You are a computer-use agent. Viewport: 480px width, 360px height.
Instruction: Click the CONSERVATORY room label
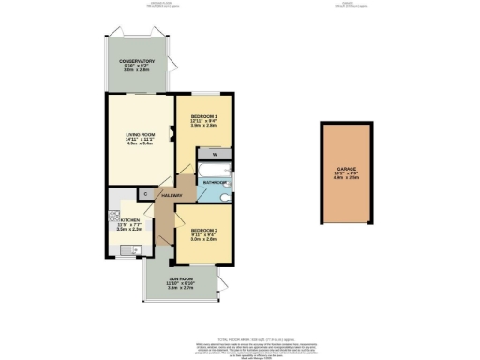click(136, 61)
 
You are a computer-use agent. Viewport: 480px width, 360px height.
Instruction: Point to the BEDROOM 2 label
click(204, 230)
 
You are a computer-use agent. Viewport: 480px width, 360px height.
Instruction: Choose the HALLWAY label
click(170, 195)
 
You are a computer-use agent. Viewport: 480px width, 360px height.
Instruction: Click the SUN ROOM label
click(180, 277)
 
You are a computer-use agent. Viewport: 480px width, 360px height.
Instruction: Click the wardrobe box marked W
click(215, 153)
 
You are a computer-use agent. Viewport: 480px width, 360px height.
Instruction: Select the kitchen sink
click(133, 248)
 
